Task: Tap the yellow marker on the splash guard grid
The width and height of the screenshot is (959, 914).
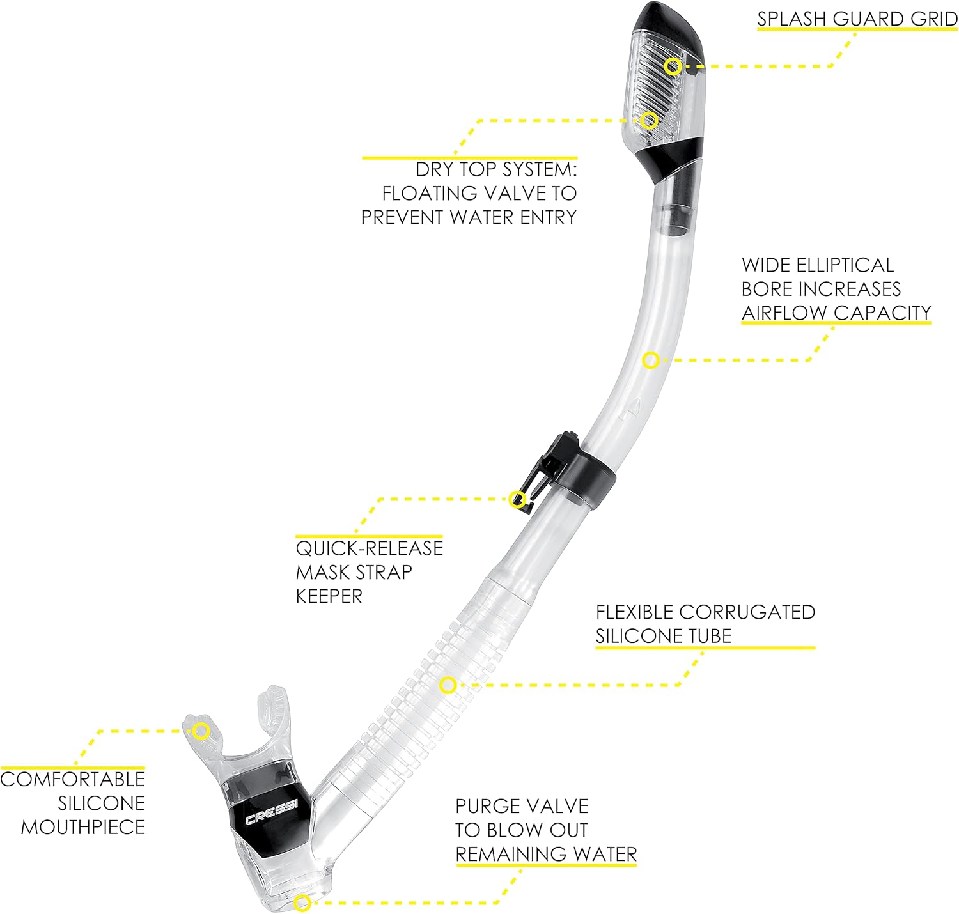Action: tap(672, 66)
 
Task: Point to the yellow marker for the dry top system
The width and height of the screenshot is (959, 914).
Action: tap(650, 120)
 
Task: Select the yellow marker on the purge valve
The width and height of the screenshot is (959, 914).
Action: tap(302, 902)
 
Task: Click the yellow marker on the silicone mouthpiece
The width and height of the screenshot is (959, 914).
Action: tap(201, 731)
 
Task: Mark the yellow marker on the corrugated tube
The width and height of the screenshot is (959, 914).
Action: tap(448, 685)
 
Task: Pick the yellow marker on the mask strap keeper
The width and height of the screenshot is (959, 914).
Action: tap(517, 499)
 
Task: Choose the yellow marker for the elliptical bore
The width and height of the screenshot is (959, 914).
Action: tap(650, 360)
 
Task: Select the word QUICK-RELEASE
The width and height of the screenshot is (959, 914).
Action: tap(369, 548)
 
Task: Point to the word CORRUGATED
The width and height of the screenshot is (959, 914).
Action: tap(747, 612)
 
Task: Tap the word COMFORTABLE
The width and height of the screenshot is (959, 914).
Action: tap(73, 779)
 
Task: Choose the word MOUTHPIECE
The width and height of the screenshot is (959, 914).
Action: tap(83, 827)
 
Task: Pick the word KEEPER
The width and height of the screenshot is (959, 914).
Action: tap(329, 596)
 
